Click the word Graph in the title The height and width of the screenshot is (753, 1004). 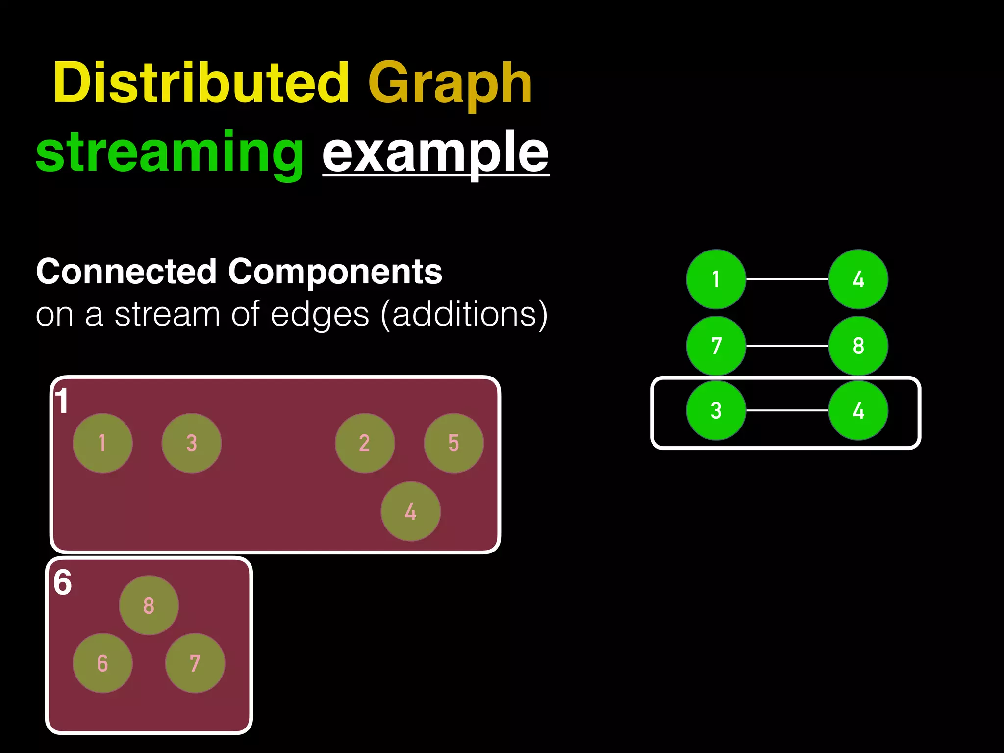[450, 84]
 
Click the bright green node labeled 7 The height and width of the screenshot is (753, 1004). [716, 346]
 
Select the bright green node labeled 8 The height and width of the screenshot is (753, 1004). [858, 346]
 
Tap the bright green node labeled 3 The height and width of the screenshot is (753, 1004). [716, 410]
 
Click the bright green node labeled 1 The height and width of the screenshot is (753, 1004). [716, 279]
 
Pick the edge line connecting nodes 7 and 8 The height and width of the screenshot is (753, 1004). [787, 346]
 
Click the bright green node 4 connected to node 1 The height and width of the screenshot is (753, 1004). [858, 279]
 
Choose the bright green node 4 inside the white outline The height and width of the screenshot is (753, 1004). [858, 410]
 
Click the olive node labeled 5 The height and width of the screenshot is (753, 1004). [453, 443]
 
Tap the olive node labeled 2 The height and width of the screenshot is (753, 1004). [364, 443]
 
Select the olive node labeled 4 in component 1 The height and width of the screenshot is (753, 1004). [410, 511]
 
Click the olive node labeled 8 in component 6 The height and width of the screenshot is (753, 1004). [149, 605]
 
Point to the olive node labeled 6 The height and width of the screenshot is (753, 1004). [102, 663]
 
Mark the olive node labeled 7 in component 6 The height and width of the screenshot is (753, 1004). [195, 663]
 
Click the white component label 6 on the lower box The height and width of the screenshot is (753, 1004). [62, 583]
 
